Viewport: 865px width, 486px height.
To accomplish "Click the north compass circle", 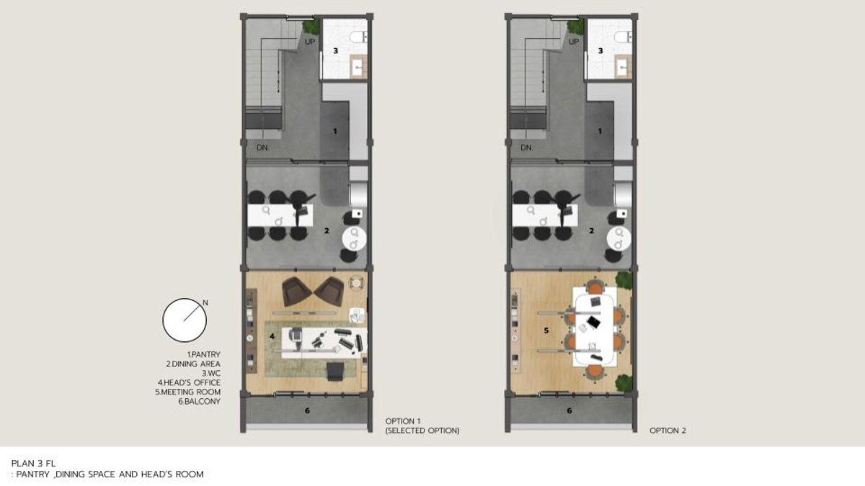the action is point(163,320).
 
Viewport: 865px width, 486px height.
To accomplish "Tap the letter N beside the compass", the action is point(205,303).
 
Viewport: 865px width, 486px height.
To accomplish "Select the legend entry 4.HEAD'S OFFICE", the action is point(189,382).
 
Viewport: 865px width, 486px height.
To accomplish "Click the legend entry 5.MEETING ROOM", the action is point(187,392).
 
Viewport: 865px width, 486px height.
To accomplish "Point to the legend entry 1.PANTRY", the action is point(203,354).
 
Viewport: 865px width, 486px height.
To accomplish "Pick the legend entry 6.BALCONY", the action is point(199,401).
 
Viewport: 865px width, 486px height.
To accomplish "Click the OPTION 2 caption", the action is point(667,431).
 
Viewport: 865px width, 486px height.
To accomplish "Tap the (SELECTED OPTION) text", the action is point(422,431).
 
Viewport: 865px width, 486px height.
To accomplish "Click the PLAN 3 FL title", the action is point(34,463).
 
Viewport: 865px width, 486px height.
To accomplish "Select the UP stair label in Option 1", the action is point(310,42).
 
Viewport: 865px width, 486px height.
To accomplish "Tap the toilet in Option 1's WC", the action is point(358,37).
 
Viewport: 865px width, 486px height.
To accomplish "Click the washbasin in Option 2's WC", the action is point(623,68).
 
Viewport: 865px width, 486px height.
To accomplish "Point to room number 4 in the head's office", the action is point(272,336).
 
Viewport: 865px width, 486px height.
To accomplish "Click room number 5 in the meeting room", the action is point(546,330).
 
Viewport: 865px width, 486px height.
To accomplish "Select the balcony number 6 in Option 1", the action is point(307,411).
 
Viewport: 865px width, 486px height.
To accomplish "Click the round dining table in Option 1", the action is point(354,239).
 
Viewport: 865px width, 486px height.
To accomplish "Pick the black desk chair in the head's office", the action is point(335,371).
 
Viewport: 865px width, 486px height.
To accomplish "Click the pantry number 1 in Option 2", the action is point(600,131).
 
